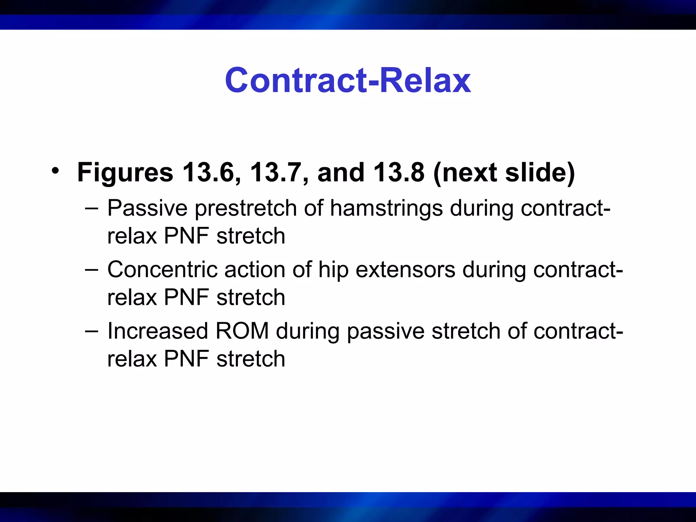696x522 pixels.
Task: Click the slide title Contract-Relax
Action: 348,80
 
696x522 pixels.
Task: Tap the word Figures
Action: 125,172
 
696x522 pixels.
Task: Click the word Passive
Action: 147,208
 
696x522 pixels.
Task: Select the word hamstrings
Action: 386,208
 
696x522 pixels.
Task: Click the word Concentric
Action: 162,269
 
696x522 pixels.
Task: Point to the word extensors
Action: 405,269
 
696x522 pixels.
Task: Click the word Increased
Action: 157,331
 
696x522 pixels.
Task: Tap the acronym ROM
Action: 242,331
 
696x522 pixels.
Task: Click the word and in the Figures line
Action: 341,172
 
